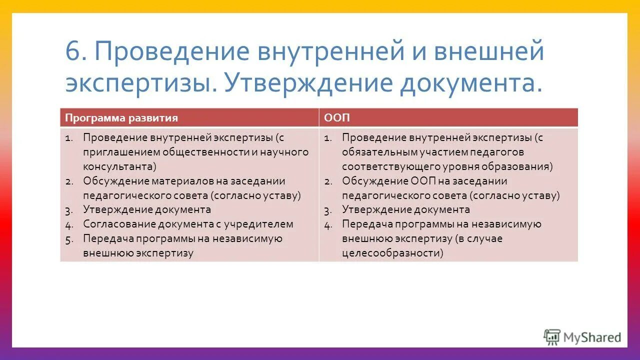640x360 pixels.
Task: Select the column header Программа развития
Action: click(121, 118)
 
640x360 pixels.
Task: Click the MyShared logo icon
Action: click(552, 337)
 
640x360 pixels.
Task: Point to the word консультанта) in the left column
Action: click(120, 166)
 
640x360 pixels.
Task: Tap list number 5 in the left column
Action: click(69, 239)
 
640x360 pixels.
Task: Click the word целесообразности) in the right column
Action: click(393, 253)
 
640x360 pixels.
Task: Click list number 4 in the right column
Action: click(328, 224)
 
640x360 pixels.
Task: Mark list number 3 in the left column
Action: click(69, 210)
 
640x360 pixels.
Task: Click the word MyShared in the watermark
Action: click(592, 337)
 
